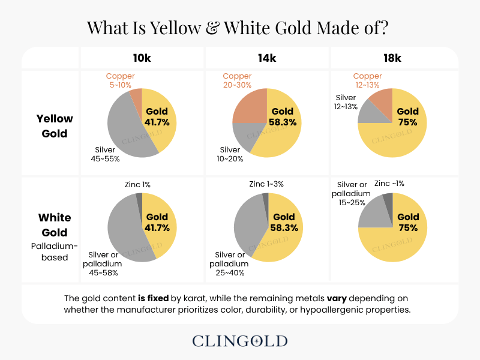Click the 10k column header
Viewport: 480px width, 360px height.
142,58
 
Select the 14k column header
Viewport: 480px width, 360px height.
267,58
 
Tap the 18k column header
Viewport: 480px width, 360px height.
392,58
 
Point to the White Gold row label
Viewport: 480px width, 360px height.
55,225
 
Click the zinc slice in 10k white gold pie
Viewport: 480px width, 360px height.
139,197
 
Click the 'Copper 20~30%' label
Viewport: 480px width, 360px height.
237,81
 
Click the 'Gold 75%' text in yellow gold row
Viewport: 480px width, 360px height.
407,116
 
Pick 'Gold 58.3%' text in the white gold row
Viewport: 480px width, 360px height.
283,222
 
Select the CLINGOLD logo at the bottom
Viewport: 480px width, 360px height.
240,341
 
